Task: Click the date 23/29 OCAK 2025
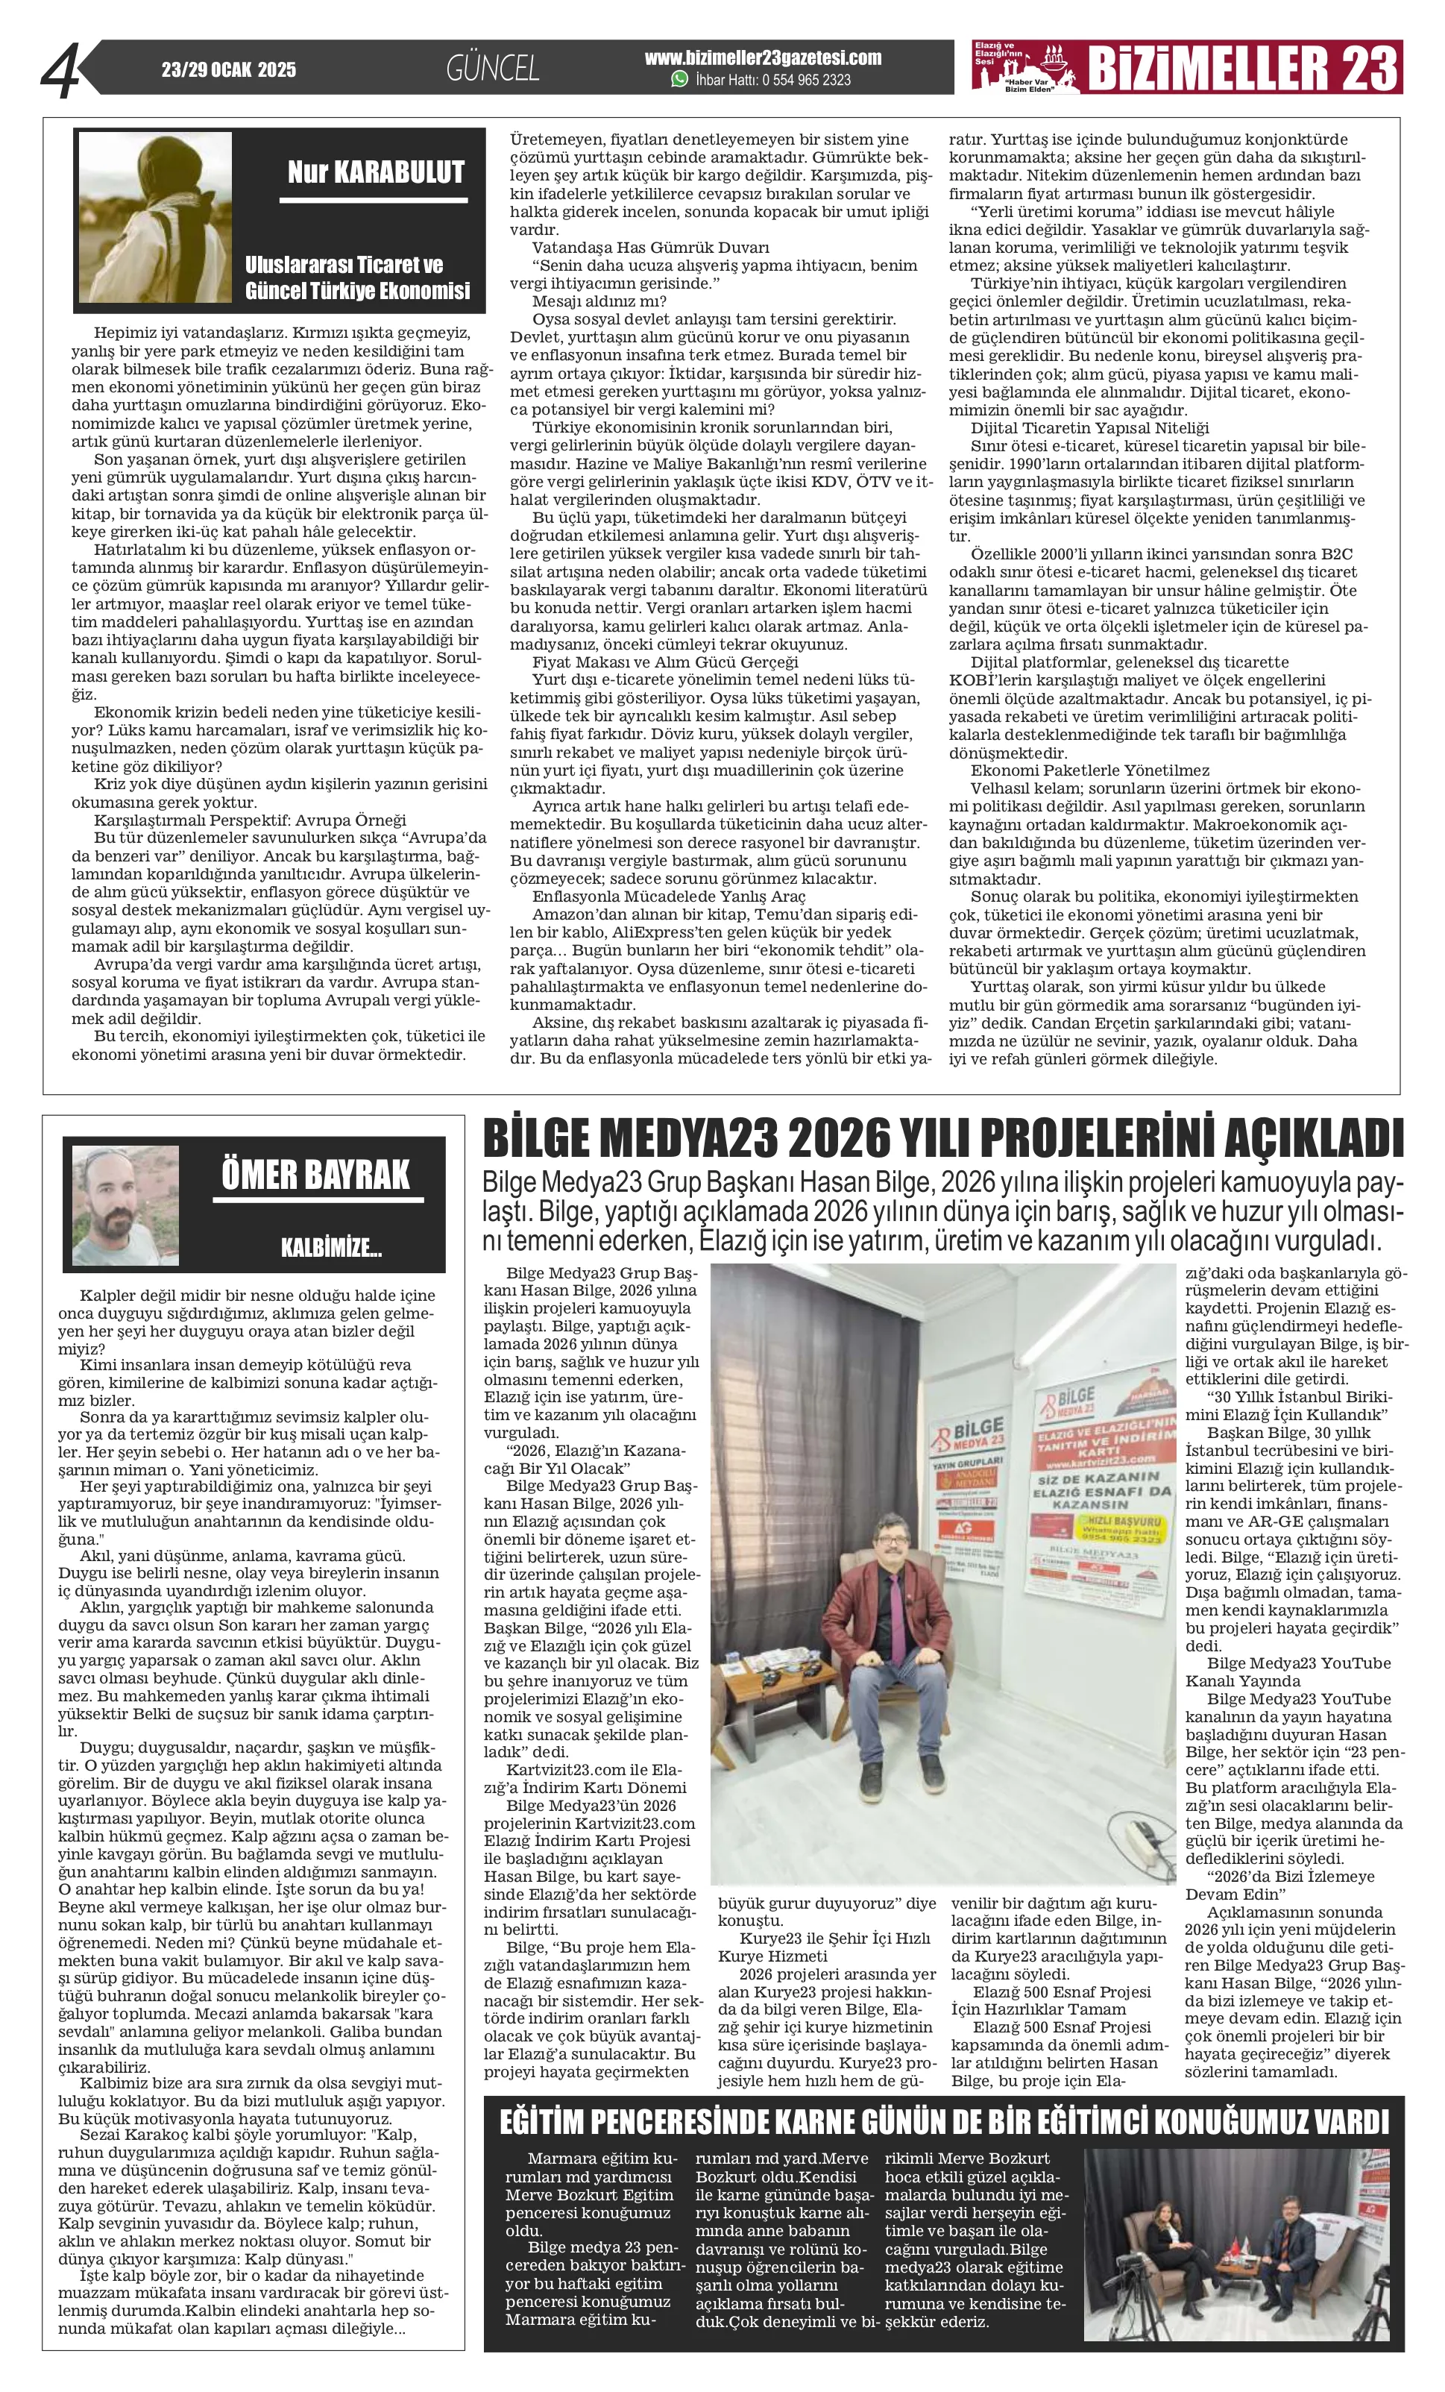click(x=229, y=70)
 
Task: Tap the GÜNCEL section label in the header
click(x=492, y=68)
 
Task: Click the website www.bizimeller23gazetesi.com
click(x=763, y=58)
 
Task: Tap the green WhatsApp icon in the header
click(x=679, y=80)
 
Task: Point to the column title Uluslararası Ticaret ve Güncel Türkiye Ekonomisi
click(x=357, y=277)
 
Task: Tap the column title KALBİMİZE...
click(x=331, y=1249)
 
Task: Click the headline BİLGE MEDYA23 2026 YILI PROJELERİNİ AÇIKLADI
click(x=943, y=1137)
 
